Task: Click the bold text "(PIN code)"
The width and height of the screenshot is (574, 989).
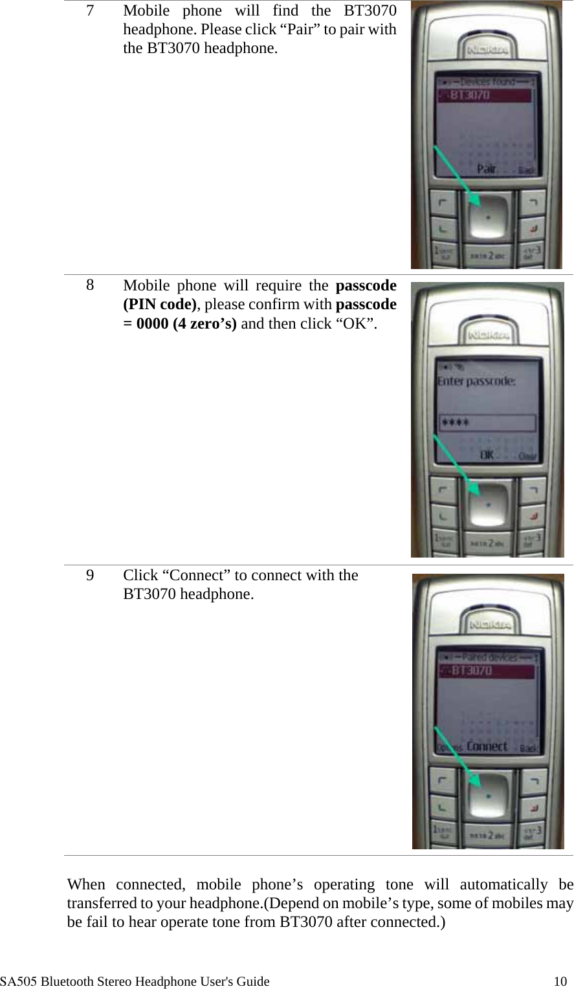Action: (x=160, y=305)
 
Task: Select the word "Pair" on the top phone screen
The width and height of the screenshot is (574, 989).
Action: (x=487, y=169)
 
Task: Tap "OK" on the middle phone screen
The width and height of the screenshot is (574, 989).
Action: (x=487, y=455)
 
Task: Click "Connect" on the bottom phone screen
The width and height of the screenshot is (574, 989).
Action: (x=487, y=746)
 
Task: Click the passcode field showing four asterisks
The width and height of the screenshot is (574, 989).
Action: (x=487, y=423)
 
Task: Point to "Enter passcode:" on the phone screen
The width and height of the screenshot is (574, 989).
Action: (x=476, y=381)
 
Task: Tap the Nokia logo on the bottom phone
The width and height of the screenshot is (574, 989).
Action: (x=491, y=625)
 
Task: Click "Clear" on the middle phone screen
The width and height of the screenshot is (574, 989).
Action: (x=527, y=456)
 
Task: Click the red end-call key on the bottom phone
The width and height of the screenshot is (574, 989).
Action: (x=534, y=808)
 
